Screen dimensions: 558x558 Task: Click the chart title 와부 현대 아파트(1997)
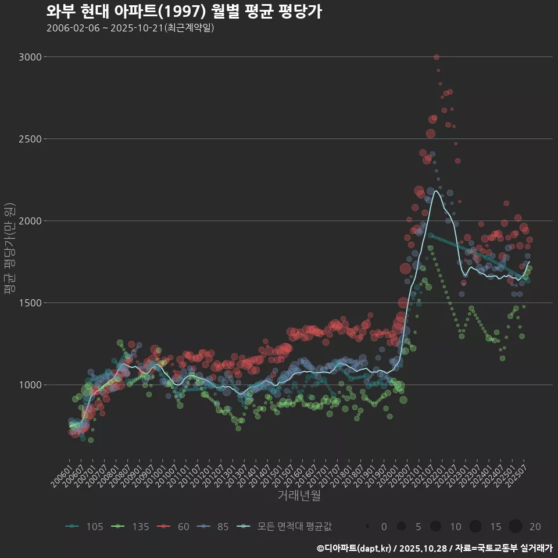pyautogui.click(x=184, y=12)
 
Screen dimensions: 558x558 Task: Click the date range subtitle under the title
pyautogui.click(x=130, y=28)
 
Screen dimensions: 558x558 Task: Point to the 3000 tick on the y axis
pyautogui.click(x=30, y=57)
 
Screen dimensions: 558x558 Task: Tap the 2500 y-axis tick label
pyautogui.click(x=30, y=139)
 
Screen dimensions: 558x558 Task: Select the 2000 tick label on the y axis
pyautogui.click(x=30, y=221)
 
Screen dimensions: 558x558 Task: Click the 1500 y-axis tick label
pyautogui.click(x=30, y=303)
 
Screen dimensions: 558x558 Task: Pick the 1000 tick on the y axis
pyautogui.click(x=30, y=385)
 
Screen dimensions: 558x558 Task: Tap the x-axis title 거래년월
pyautogui.click(x=299, y=496)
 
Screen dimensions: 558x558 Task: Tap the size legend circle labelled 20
pyautogui.click(x=516, y=527)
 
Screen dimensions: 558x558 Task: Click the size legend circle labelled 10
pyautogui.click(x=436, y=527)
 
